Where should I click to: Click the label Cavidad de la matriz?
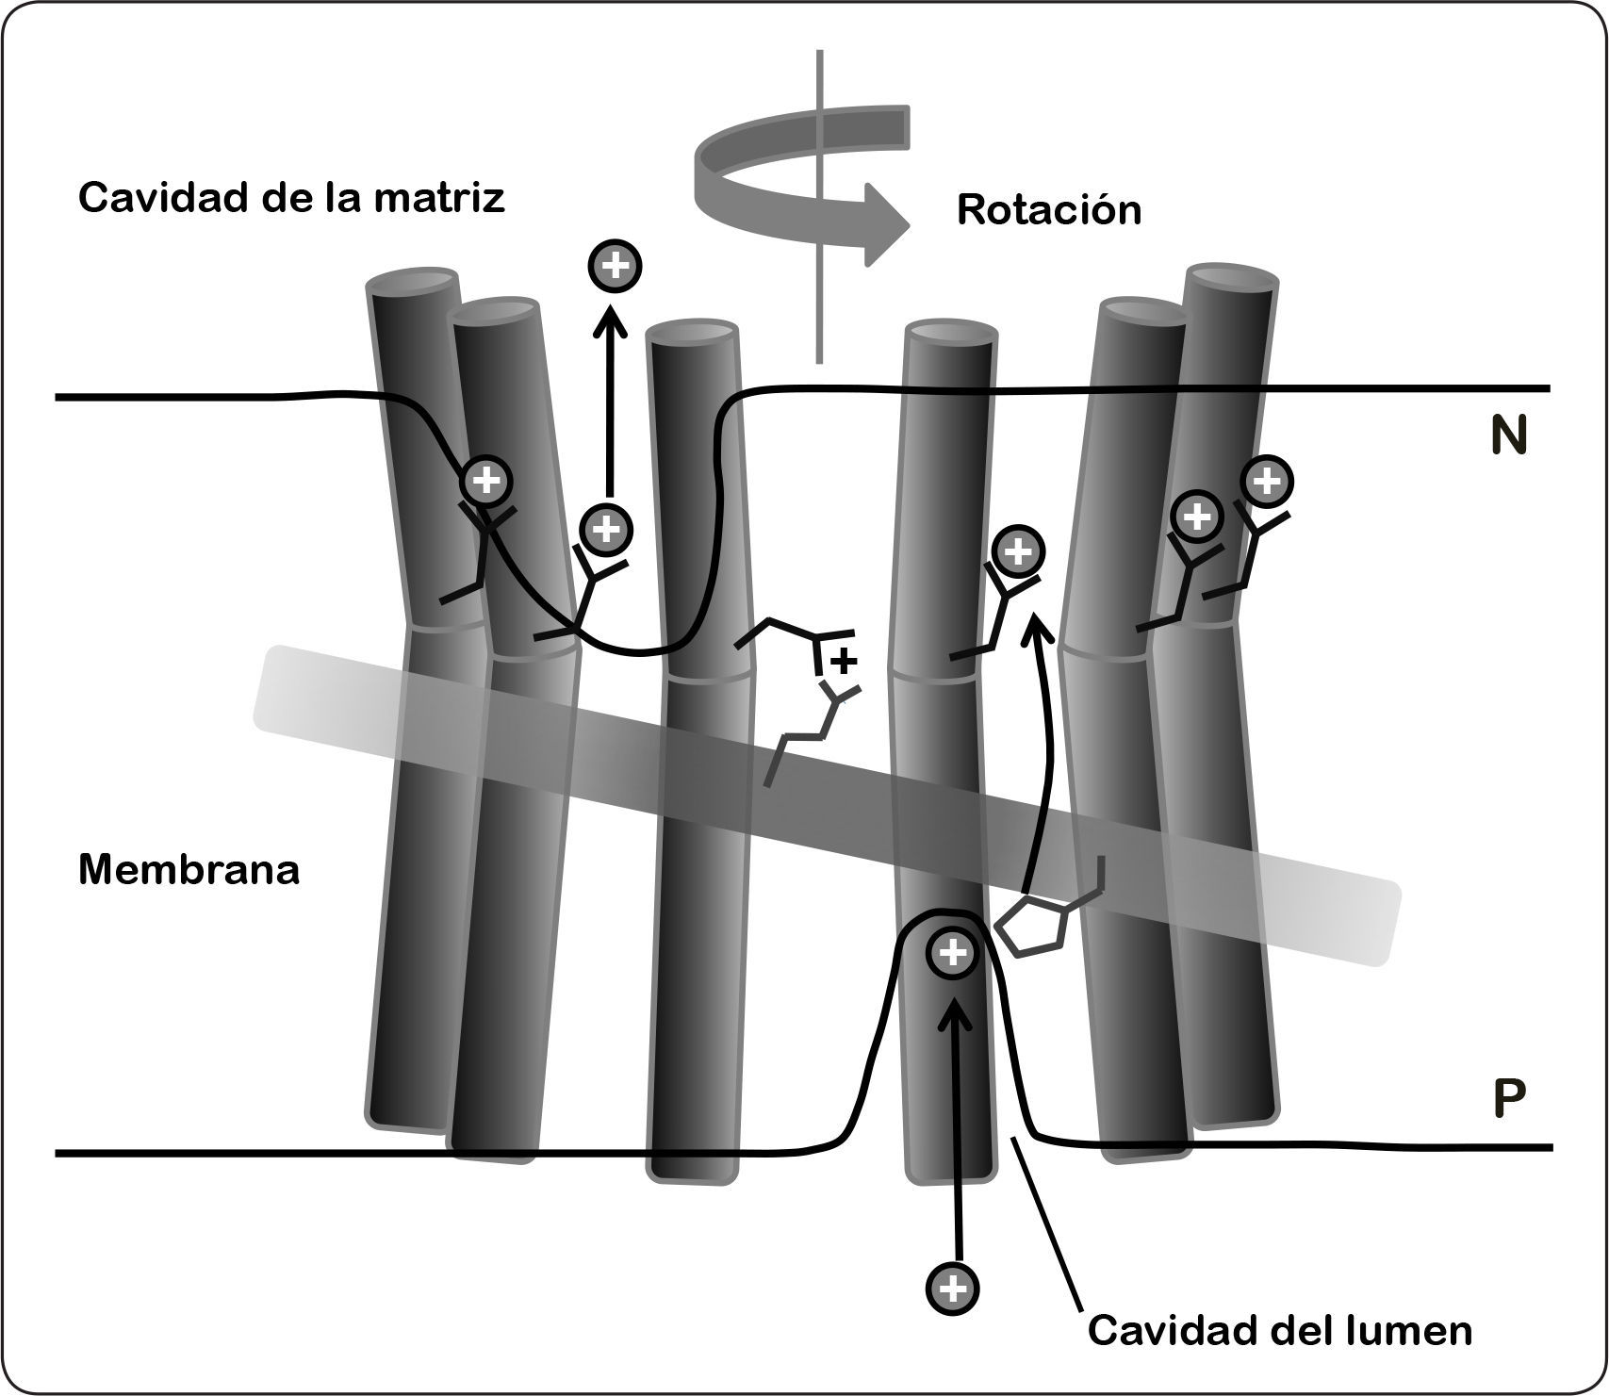291,199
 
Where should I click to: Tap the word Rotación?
1048,210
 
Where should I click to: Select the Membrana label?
189,869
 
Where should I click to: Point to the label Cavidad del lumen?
1279,1331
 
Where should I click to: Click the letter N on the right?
1508,438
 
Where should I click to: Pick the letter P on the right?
1509,1099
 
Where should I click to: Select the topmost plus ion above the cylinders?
615,266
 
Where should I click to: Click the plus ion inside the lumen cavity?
953,953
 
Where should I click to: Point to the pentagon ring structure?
1032,928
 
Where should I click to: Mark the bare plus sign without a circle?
845,661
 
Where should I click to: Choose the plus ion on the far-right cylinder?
1268,482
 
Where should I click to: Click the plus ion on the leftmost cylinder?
486,482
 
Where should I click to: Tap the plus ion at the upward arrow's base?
606,529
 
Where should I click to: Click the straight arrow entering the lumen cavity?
955,1131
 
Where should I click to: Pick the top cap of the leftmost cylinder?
412,281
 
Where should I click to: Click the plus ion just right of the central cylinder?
1016,551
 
